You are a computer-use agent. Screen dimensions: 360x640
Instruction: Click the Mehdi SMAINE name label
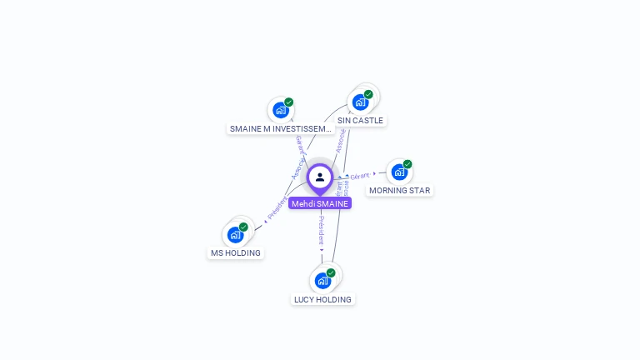(320, 203)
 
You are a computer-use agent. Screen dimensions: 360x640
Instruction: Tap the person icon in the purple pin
(320, 177)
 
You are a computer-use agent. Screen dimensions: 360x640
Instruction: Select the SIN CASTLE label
(360, 120)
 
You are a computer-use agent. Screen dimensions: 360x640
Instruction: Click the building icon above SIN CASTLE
(360, 102)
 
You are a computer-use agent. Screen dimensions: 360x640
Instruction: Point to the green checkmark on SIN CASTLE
(368, 94)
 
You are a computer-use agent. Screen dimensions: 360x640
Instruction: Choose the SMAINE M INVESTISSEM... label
(281, 128)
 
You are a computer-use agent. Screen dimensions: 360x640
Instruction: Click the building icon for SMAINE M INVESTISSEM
(281, 110)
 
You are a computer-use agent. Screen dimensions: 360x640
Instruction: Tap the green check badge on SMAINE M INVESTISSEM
(289, 102)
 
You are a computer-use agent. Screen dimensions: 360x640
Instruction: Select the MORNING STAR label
(400, 190)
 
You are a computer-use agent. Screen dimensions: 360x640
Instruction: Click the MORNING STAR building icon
(399, 172)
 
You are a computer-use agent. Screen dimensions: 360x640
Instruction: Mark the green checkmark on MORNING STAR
(407, 164)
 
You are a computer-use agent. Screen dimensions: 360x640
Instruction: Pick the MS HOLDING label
(236, 252)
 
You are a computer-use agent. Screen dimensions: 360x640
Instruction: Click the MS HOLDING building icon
(235, 234)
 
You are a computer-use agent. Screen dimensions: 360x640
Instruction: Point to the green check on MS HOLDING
(243, 227)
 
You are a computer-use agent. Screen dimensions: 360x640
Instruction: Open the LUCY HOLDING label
(322, 299)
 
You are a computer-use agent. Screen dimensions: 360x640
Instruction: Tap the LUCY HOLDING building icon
(322, 280)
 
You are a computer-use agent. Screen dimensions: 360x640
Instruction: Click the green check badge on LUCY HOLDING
(331, 272)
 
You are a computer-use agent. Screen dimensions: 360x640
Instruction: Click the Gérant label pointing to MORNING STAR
(360, 176)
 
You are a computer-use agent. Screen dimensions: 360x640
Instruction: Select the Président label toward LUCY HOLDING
(321, 230)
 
